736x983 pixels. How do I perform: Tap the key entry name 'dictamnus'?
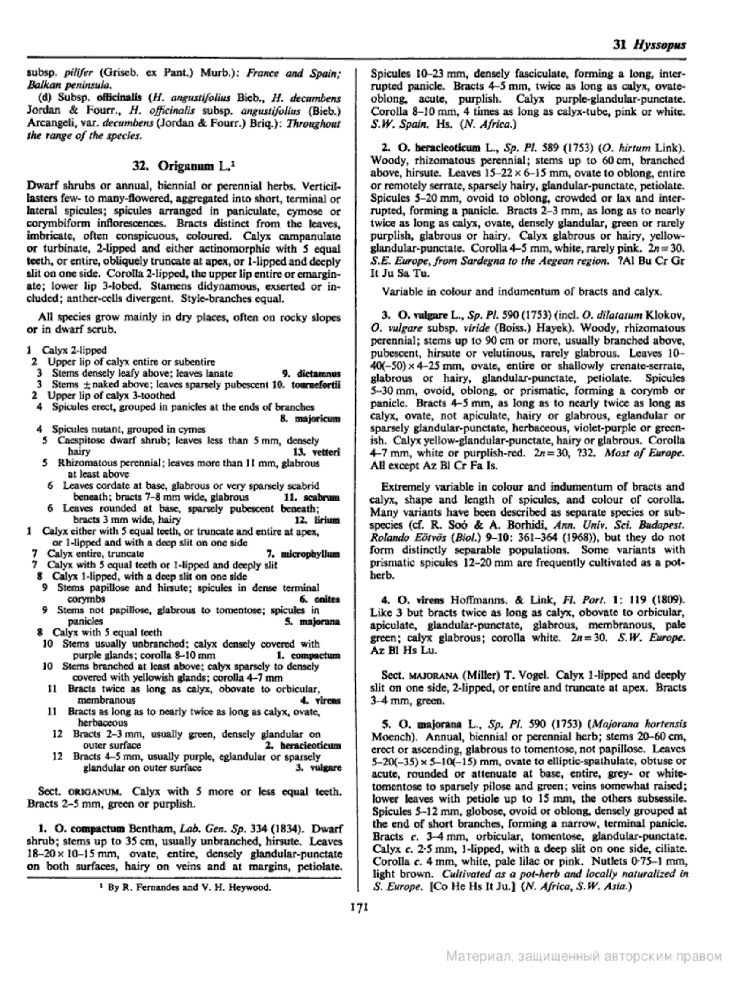319,373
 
